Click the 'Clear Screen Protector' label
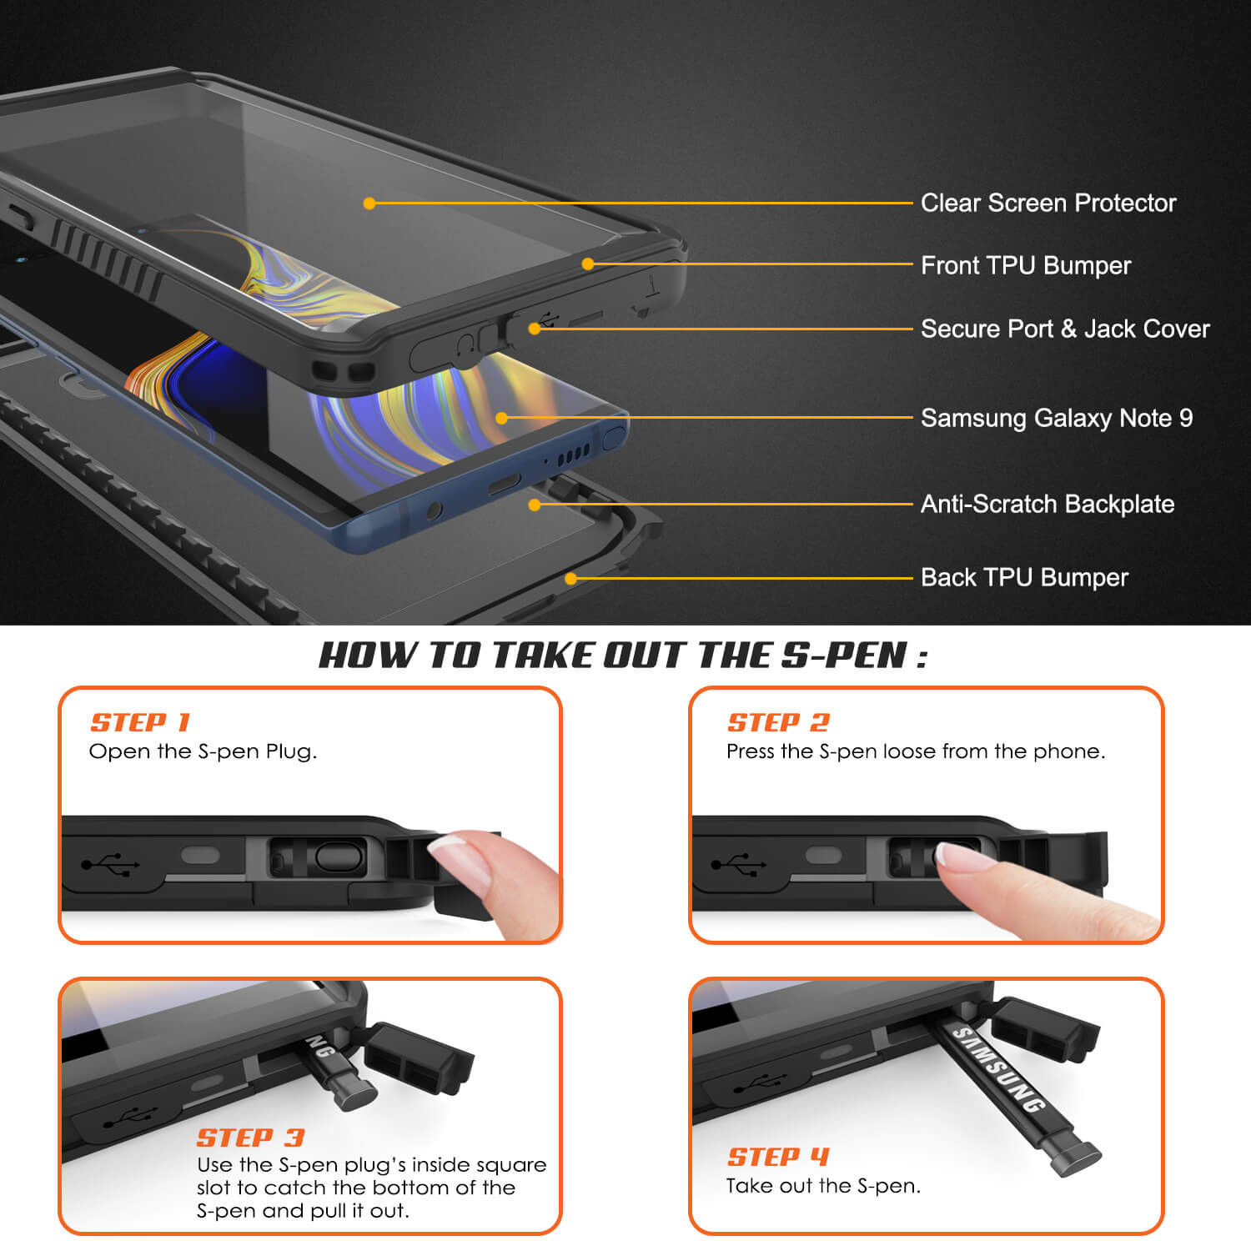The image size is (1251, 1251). click(x=1048, y=203)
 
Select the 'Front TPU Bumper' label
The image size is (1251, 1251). click(x=1025, y=265)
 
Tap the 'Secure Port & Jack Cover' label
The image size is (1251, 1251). click(x=1064, y=329)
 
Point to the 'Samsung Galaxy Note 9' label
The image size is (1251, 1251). click(x=1056, y=418)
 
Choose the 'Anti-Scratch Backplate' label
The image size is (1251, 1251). click(x=1047, y=504)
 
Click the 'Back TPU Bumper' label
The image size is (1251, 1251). click(x=1023, y=577)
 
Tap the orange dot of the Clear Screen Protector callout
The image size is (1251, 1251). click(x=369, y=203)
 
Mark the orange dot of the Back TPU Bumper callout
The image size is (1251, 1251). click(x=571, y=578)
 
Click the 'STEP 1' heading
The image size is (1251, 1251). click(x=140, y=722)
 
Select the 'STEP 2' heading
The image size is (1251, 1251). click(x=778, y=722)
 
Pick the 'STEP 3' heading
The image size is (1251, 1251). click(x=250, y=1138)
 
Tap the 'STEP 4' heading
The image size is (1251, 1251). click(x=778, y=1157)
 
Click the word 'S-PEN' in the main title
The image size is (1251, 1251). click(x=844, y=656)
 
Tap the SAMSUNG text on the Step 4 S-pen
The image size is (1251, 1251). click(x=998, y=1069)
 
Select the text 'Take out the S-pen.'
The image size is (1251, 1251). click(x=823, y=1185)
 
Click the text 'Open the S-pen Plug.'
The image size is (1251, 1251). click(x=203, y=751)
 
